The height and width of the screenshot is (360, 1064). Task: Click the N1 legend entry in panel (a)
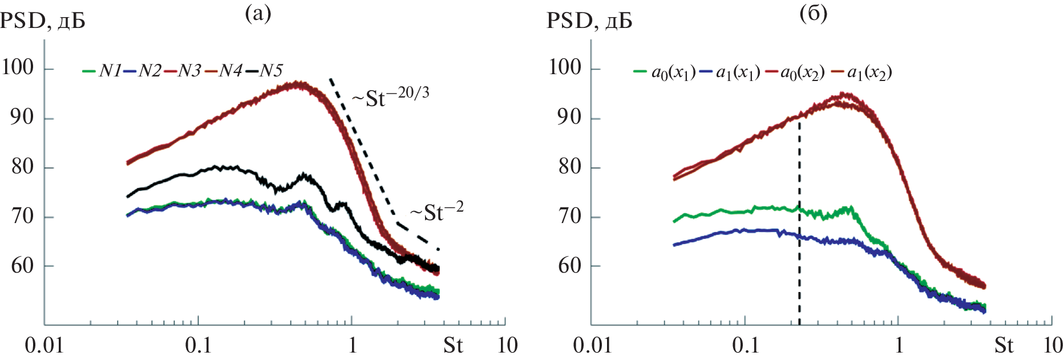click(103, 71)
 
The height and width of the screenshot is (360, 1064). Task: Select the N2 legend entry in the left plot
click(143, 71)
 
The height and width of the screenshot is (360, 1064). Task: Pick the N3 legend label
click(183, 71)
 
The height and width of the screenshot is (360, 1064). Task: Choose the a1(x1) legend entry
click(730, 72)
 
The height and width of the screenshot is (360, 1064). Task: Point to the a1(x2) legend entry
click(862, 72)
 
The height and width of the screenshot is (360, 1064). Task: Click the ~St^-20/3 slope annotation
click(390, 96)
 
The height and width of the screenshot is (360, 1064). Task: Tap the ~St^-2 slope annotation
click(436, 212)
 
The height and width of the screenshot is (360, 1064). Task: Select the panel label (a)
click(258, 13)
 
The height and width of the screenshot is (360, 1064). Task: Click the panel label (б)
click(813, 13)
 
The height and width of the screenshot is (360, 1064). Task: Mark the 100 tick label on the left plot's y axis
click(18, 67)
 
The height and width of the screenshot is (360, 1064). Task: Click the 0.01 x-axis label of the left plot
click(44, 346)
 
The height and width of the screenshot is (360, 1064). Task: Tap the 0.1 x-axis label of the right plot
click(745, 346)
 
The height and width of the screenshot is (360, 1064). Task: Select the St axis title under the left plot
click(453, 346)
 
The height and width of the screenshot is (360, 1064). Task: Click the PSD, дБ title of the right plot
click(589, 21)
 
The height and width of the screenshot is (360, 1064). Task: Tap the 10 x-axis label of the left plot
click(507, 346)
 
